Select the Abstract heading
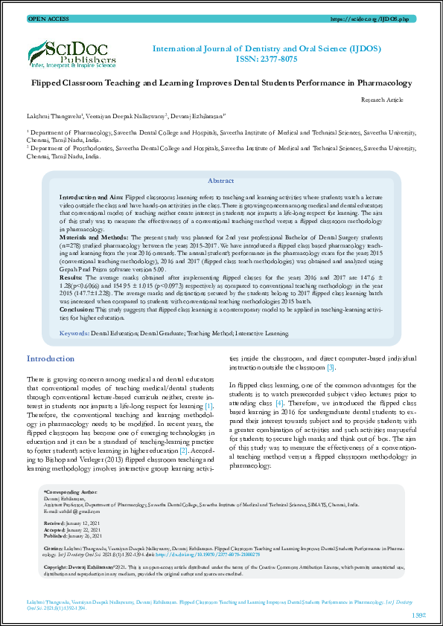coord(220,181)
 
